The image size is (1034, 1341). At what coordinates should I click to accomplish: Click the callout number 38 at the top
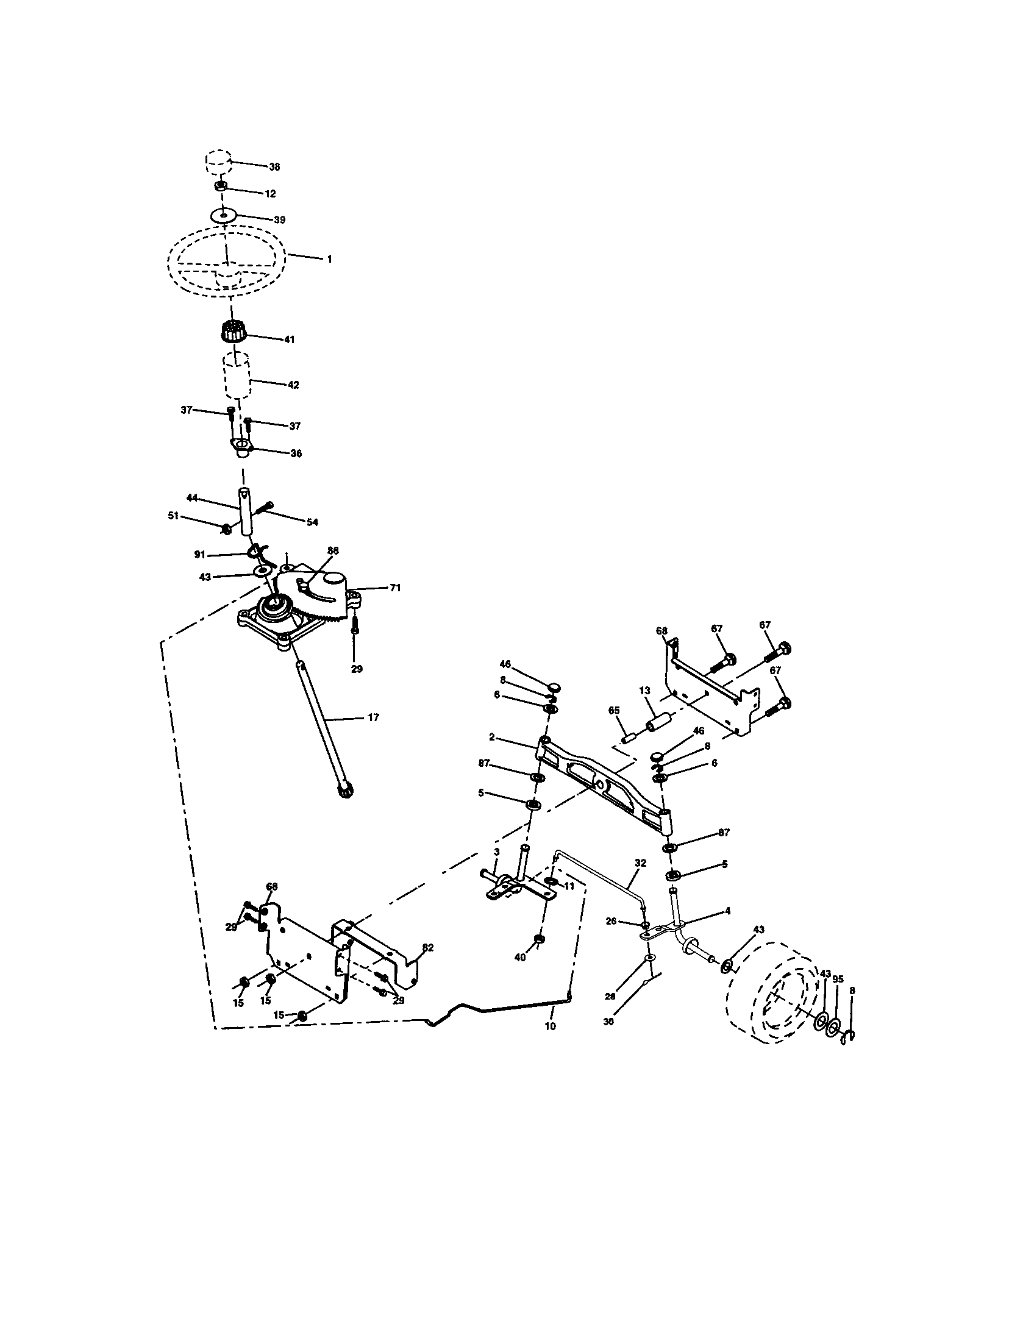pos(274,166)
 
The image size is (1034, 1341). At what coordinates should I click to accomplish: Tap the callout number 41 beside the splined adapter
pos(288,339)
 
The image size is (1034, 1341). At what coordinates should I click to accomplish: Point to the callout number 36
pos(295,454)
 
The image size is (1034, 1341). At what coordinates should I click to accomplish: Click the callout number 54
pos(312,522)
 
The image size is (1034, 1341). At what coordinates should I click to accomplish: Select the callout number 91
pos(199,554)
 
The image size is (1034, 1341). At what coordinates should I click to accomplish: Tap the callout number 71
pos(395,588)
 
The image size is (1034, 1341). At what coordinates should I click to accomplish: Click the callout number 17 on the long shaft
pos(373,717)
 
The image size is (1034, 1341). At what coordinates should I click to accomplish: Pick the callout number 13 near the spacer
pos(644,691)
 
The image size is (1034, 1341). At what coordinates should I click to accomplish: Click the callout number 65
pos(613,710)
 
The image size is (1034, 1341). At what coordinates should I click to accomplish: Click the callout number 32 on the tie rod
pos(640,863)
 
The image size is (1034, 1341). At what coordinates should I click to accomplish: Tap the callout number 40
pos(520,958)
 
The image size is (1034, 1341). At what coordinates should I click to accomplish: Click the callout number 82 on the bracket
pos(427,947)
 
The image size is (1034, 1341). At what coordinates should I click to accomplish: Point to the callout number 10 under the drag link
pos(550,1026)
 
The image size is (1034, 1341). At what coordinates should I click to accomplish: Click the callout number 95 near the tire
pos(838,980)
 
